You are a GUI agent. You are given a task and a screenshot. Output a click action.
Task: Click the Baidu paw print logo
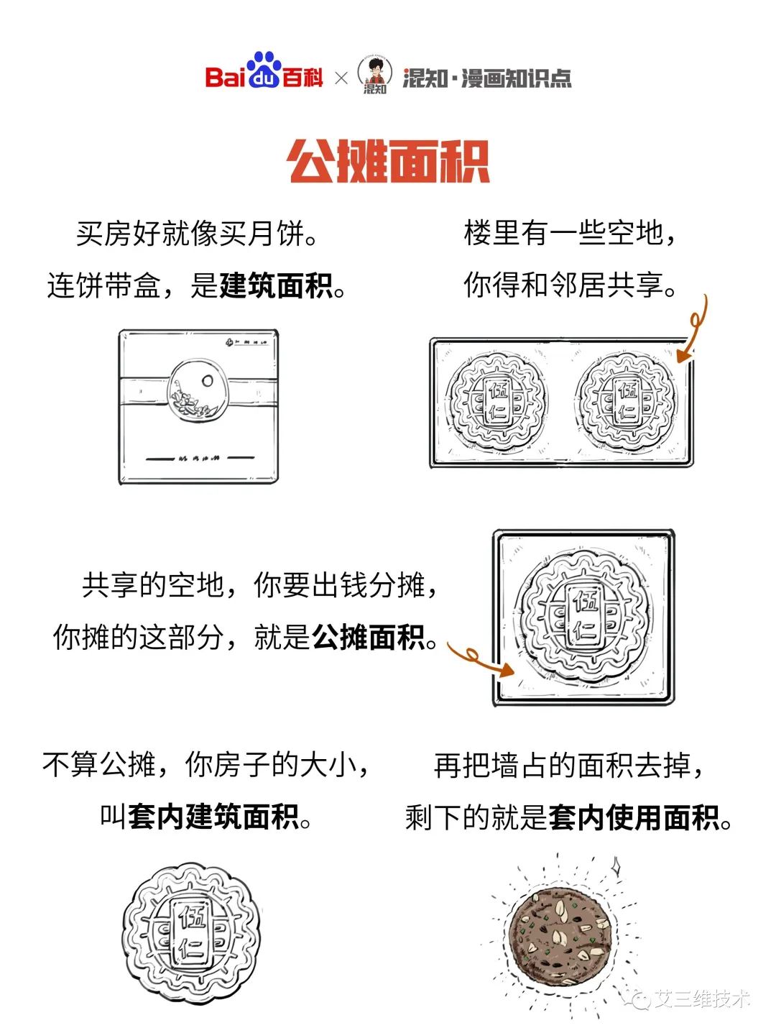tap(264, 70)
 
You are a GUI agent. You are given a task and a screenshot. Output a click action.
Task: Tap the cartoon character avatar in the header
tap(375, 72)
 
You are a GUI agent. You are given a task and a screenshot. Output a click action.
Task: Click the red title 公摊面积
tap(389, 161)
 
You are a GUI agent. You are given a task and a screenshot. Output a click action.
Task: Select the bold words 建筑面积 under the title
tap(276, 285)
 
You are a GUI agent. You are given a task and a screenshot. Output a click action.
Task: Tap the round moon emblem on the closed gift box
tap(198, 390)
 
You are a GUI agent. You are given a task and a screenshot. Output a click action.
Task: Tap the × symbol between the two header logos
tap(341, 78)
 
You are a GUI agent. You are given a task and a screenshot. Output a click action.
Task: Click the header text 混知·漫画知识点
tap(487, 78)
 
